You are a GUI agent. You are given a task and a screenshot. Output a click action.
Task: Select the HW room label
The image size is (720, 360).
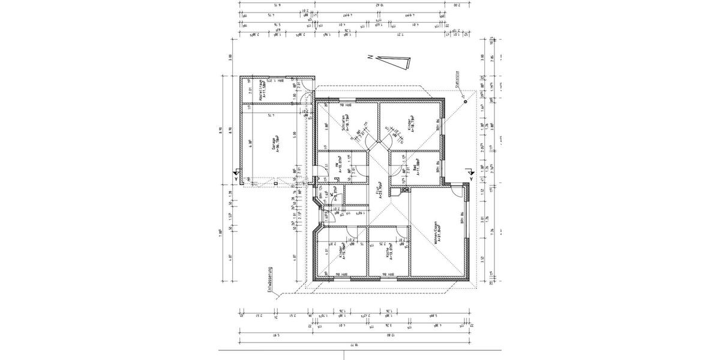pyautogui.click(x=340, y=166)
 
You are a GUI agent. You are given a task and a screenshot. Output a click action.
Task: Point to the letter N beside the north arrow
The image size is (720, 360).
pyautogui.click(x=371, y=57)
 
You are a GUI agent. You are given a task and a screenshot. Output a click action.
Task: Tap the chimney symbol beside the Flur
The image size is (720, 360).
pyautogui.click(x=397, y=192)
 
